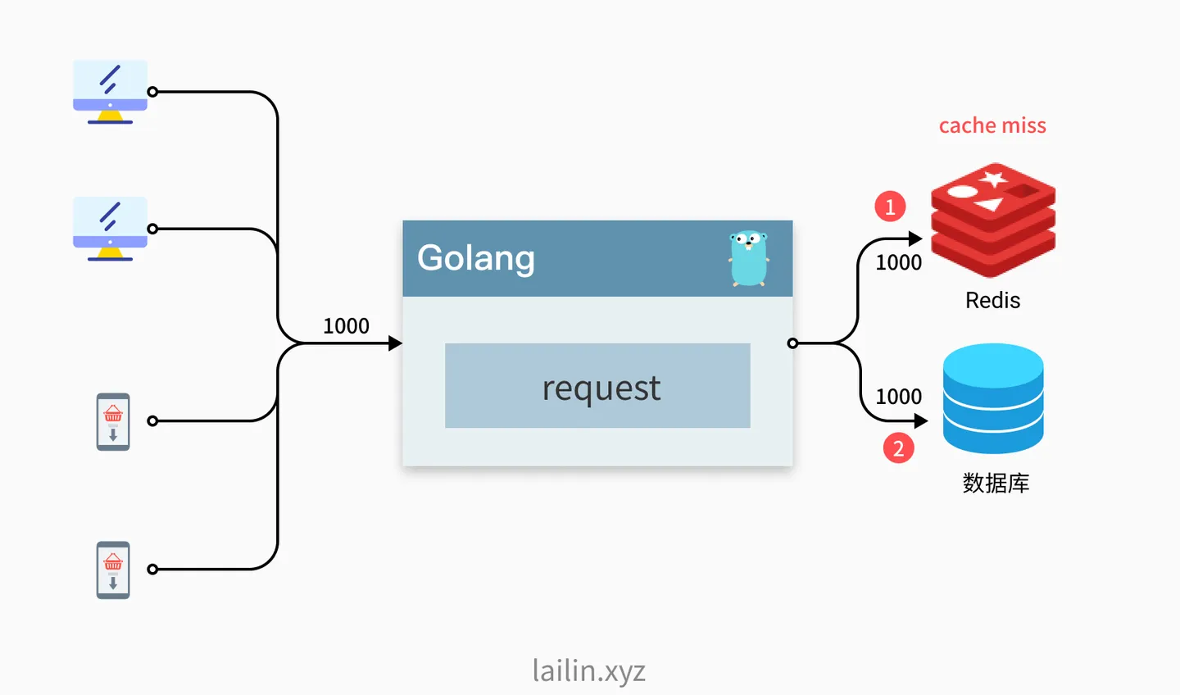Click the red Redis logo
tap(993, 220)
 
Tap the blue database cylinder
tap(993, 399)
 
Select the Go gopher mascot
tap(749, 258)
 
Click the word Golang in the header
tap(475, 258)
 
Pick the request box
tap(597, 386)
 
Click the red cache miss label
tap(992, 125)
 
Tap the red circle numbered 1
tap(890, 207)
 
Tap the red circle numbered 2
tap(898, 447)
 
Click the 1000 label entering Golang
tap(346, 326)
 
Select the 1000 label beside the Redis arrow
tap(899, 262)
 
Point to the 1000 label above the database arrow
tap(899, 397)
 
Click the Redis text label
tap(993, 300)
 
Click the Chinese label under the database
tap(996, 484)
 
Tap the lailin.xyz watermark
tap(589, 671)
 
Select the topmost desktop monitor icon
tap(110, 93)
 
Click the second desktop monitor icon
tap(110, 229)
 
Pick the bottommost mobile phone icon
tap(113, 570)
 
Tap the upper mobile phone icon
tap(113, 421)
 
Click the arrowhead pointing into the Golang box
tap(396, 343)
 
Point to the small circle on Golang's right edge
tap(792, 343)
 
